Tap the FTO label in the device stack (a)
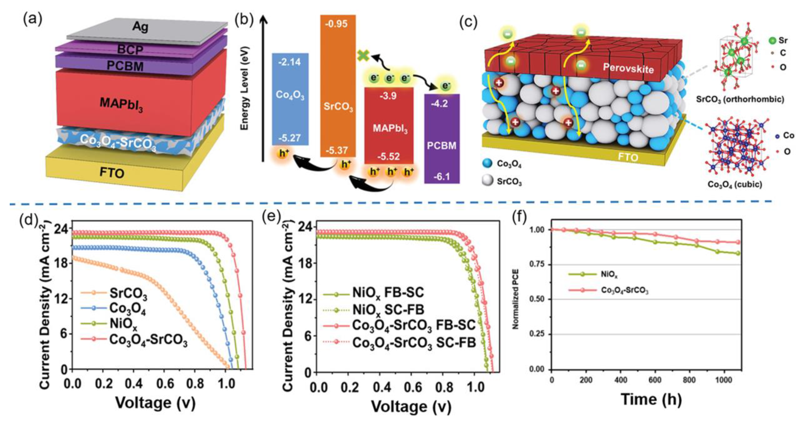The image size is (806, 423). coord(112,172)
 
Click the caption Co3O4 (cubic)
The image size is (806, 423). coord(735,184)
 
